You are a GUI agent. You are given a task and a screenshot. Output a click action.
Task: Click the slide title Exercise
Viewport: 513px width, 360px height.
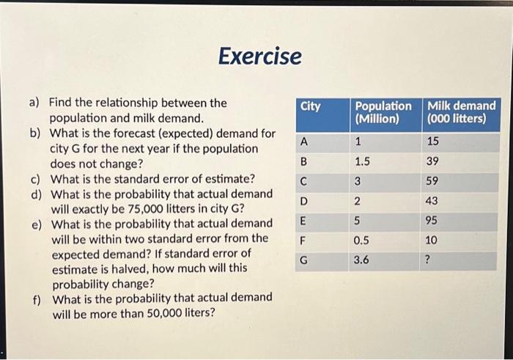pyautogui.click(x=260, y=56)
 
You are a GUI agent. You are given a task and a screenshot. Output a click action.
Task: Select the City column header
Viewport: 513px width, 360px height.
pyautogui.click(x=311, y=107)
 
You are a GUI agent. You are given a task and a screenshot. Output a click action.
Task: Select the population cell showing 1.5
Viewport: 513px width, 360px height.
pyautogui.click(x=362, y=161)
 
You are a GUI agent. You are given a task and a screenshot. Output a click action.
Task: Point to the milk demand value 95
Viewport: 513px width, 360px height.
pyautogui.click(x=434, y=220)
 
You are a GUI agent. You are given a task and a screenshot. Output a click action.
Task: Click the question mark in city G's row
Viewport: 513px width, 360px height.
pyautogui.click(x=430, y=260)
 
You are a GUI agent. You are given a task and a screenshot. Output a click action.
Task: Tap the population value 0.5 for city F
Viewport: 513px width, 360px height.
pyautogui.click(x=362, y=240)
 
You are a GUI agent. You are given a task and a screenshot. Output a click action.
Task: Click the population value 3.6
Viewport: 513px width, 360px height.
pyautogui.click(x=362, y=260)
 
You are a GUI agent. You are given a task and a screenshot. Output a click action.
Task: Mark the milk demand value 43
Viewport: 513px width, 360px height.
pyautogui.click(x=434, y=201)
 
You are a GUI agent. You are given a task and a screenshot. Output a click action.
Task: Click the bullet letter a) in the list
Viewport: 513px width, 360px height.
pyautogui.click(x=34, y=103)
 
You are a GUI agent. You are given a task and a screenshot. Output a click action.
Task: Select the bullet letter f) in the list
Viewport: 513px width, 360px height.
pyautogui.click(x=35, y=298)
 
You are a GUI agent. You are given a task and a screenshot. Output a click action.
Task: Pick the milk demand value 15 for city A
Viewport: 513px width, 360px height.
pyautogui.click(x=433, y=142)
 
